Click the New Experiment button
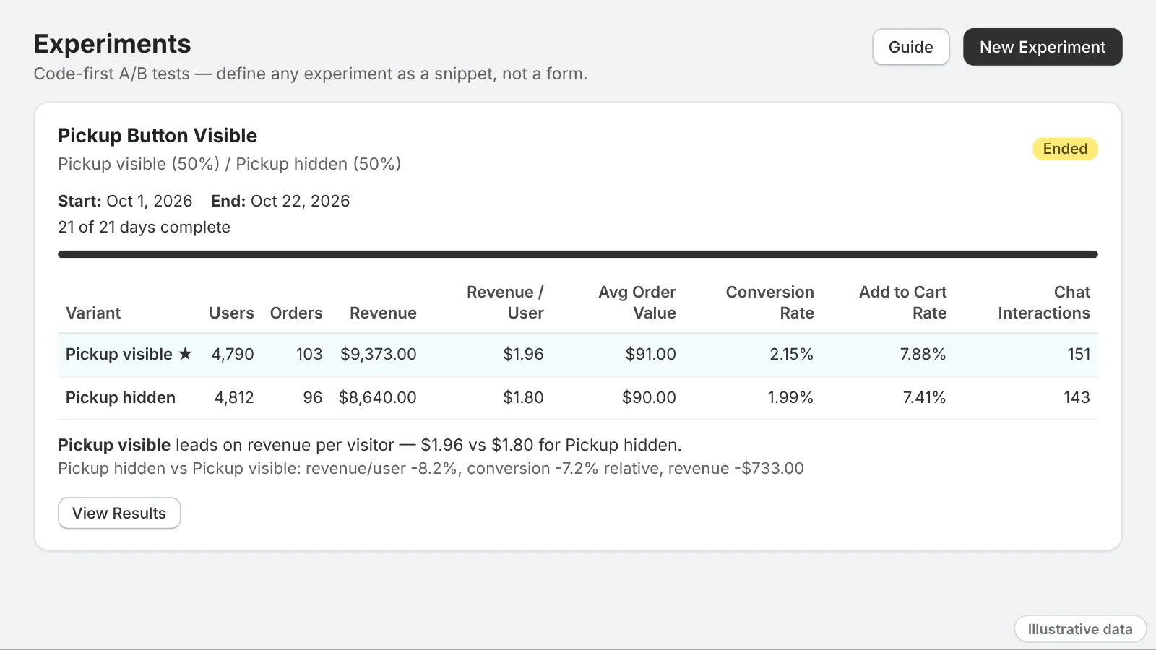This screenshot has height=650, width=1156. (1043, 47)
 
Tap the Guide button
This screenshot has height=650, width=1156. (911, 47)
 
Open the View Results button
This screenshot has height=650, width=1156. (119, 513)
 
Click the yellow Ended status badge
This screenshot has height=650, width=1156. (1065, 149)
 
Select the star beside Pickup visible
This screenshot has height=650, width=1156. (185, 353)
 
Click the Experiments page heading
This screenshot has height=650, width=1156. (112, 44)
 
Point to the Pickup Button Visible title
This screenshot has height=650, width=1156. (158, 136)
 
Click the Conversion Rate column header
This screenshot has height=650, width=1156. (769, 303)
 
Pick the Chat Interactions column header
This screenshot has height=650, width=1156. (1043, 303)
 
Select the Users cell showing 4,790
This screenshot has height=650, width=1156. (232, 354)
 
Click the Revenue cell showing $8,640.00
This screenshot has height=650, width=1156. (377, 397)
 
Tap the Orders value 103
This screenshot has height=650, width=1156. (309, 354)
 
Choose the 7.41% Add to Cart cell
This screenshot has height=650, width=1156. (924, 397)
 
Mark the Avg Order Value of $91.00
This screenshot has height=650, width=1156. (650, 354)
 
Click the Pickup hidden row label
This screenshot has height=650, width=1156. (120, 397)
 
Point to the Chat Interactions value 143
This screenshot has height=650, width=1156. (1077, 397)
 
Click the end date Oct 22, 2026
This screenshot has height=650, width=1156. (300, 201)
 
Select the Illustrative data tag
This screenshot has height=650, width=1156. (1079, 629)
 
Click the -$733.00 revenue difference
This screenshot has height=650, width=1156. (772, 468)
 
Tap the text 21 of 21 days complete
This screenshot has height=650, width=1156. (144, 227)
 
